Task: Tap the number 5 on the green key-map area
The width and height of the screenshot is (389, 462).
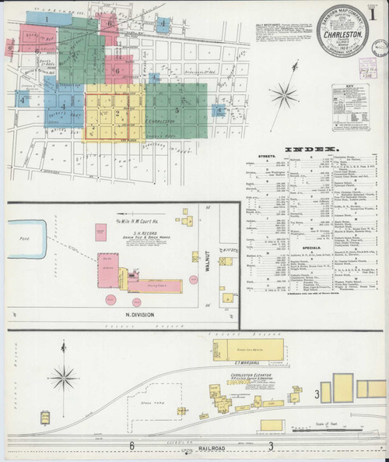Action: pos(177,111)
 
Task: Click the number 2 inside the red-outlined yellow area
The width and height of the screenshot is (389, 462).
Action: pos(117,114)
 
